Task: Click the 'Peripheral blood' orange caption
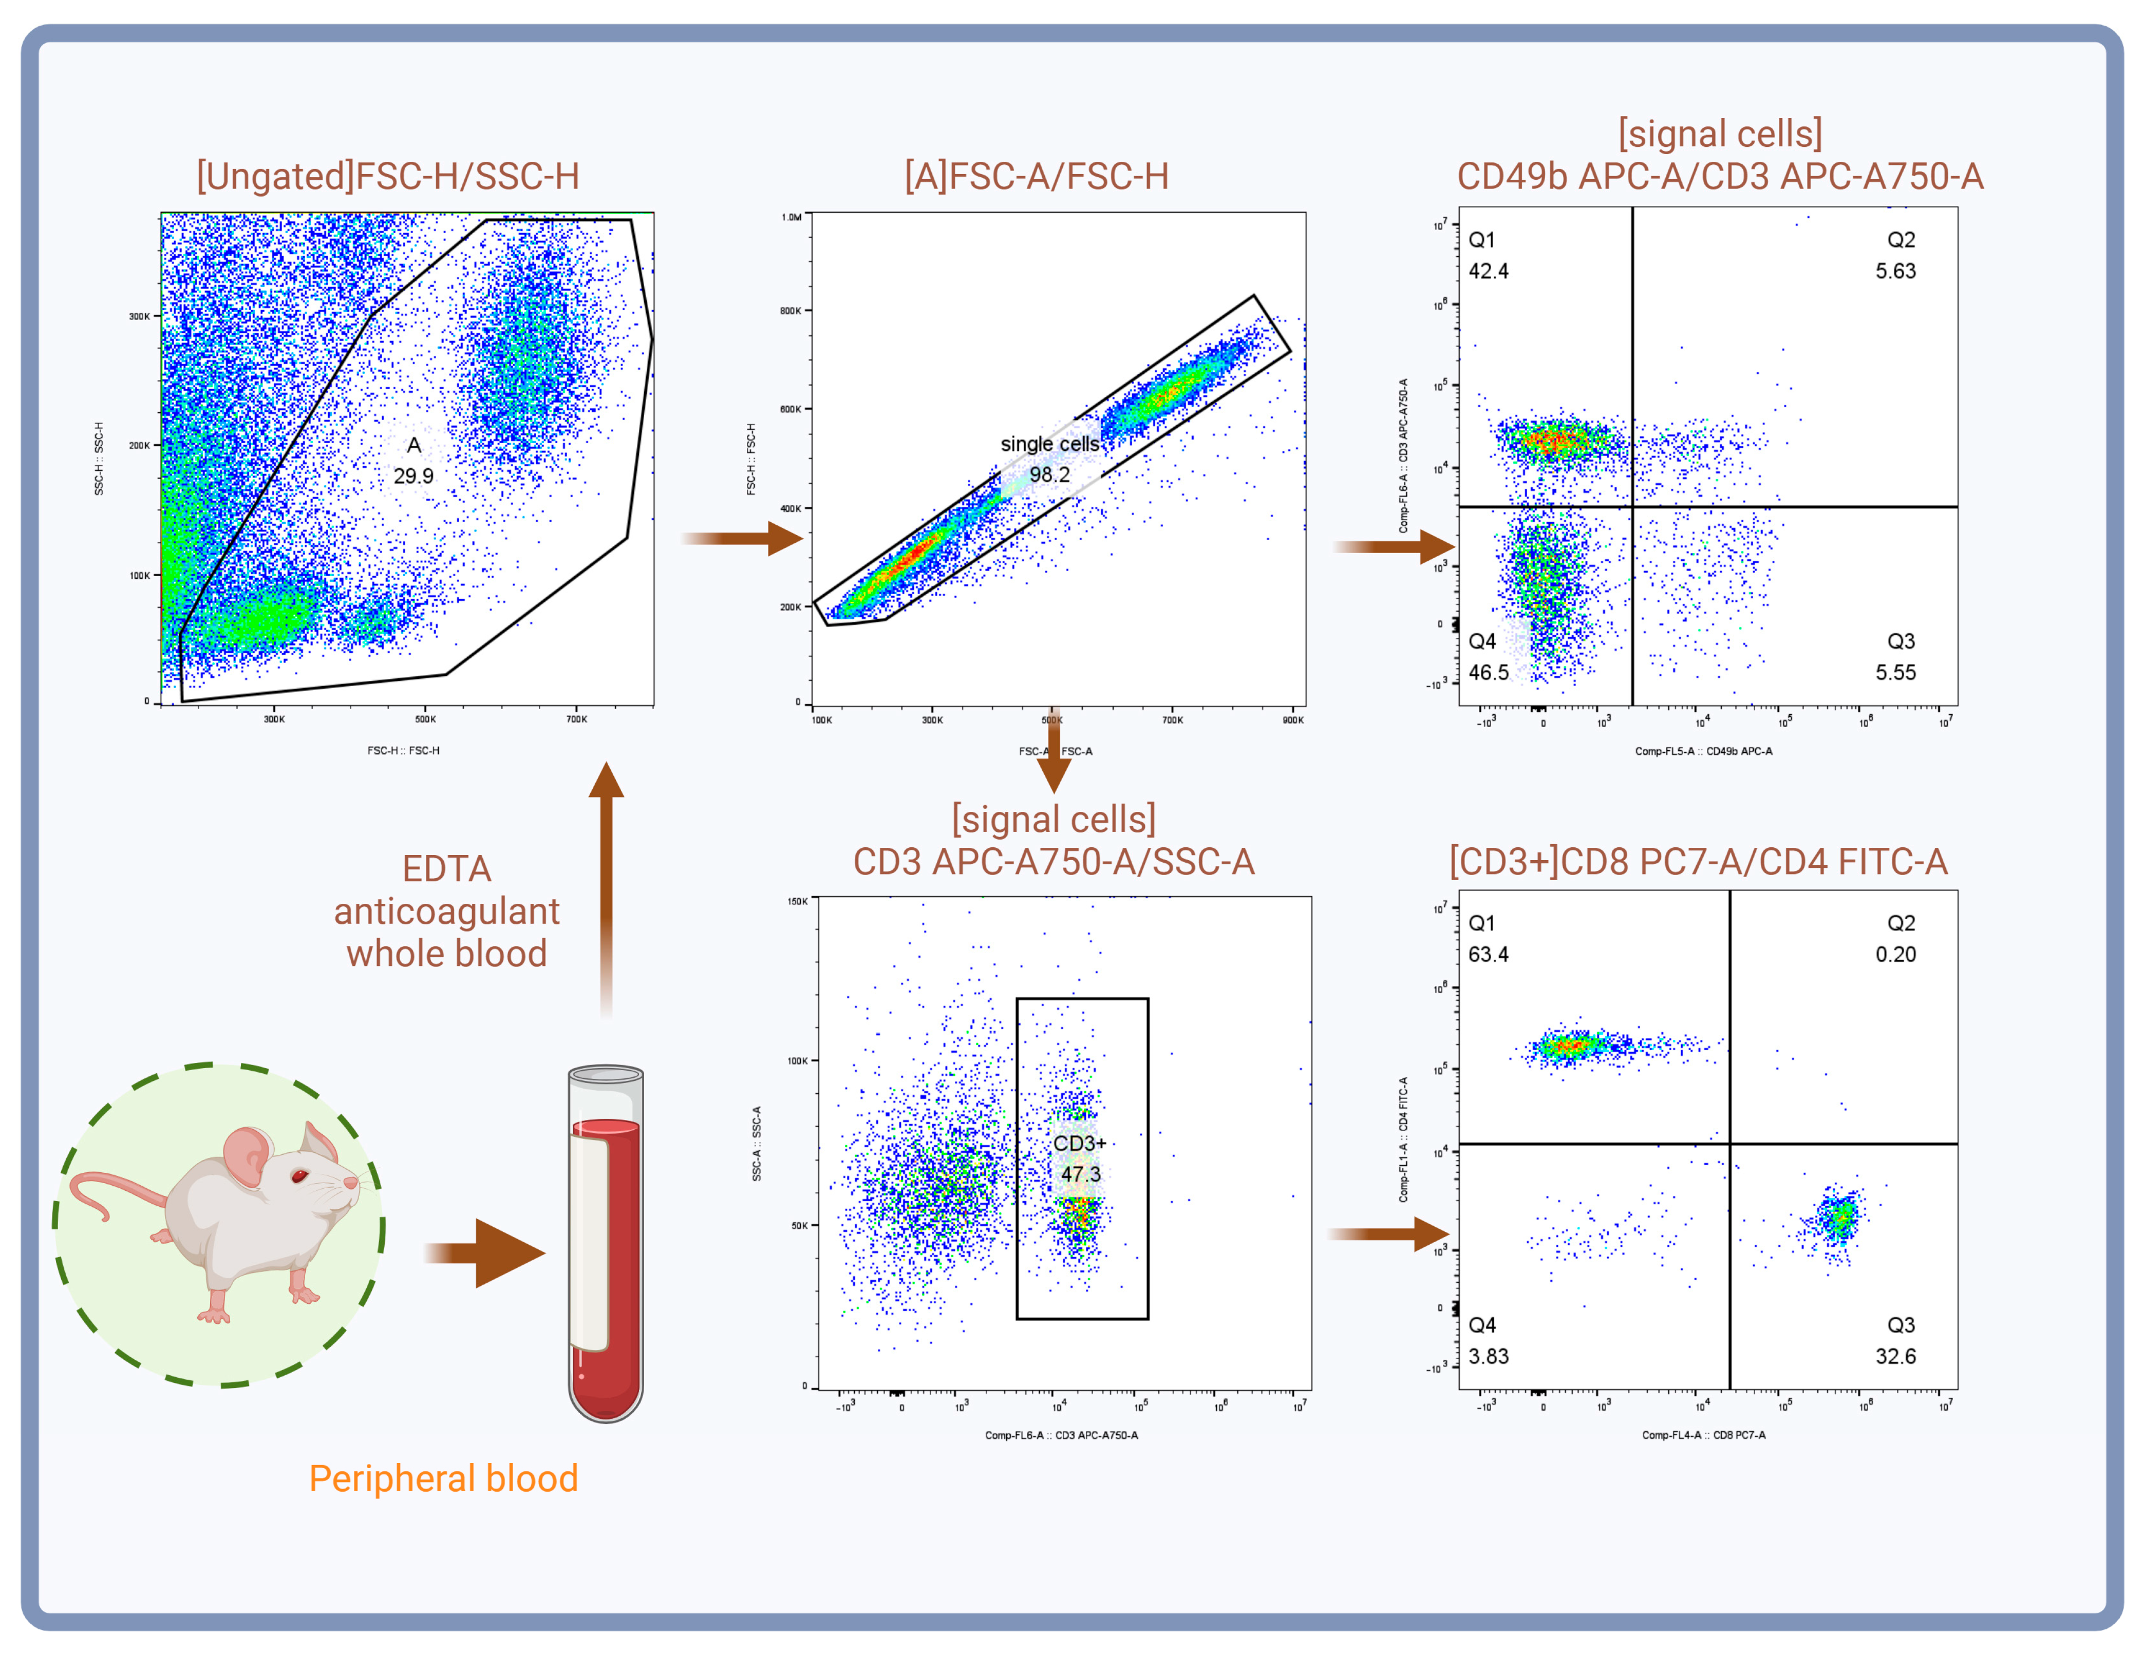click(443, 1478)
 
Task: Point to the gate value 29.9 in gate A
click(413, 476)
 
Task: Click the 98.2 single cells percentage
click(1049, 475)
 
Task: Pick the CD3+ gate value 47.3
click(1080, 1174)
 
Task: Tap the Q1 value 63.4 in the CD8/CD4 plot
click(1489, 955)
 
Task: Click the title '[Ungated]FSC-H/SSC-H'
click(388, 177)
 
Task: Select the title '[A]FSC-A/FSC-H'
click(1036, 177)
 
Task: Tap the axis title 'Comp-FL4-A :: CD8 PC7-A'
click(1703, 1435)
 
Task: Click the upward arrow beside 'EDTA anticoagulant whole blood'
click(607, 883)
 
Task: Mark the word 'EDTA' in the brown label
click(446, 869)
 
